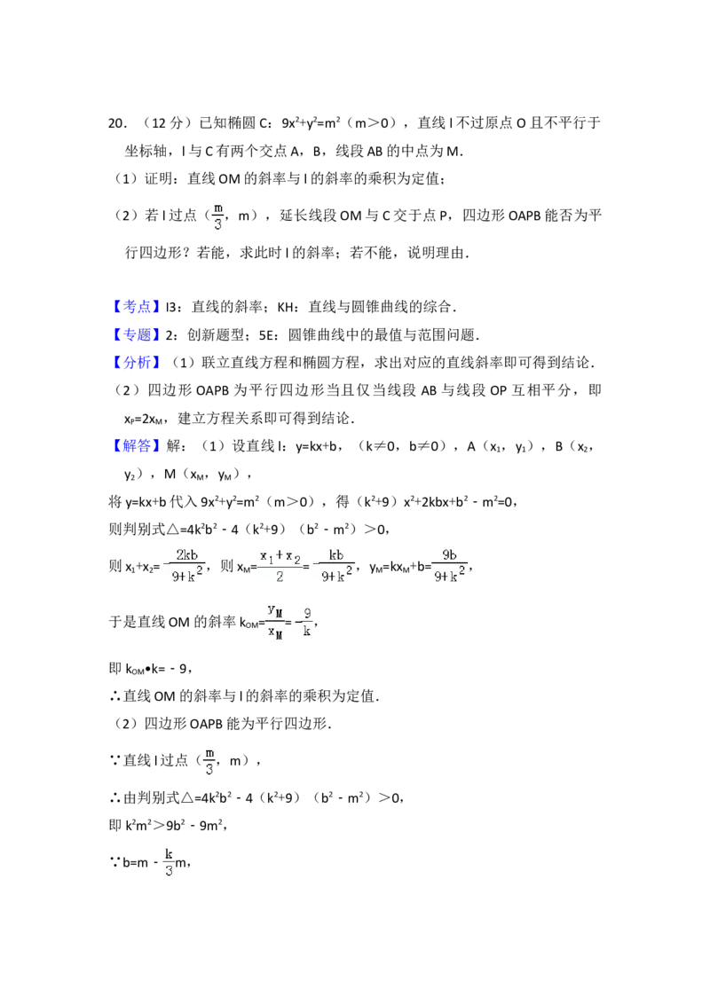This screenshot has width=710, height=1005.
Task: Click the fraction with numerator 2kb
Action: (182, 568)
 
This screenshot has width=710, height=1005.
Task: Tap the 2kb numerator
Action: (185, 555)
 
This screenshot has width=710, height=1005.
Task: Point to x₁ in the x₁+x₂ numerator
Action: (265, 556)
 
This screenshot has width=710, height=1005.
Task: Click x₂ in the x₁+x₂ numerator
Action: (293, 556)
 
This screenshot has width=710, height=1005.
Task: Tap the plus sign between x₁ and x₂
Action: (279, 555)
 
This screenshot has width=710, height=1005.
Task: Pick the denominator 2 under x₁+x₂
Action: (279, 577)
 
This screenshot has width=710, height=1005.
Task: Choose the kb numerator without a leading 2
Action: (336, 555)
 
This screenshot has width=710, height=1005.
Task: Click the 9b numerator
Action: (449, 555)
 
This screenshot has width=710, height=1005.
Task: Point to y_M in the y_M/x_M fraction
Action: (275, 610)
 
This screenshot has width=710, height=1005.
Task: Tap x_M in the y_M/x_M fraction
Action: (275, 632)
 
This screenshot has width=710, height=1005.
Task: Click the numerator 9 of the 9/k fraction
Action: (307, 612)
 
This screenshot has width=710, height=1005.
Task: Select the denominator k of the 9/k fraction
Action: (307, 631)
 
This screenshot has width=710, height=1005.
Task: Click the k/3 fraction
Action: (167, 861)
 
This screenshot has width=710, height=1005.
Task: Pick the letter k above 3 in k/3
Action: (168, 852)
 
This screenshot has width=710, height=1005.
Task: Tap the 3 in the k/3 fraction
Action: (168, 871)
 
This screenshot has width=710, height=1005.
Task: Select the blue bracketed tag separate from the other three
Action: (138, 444)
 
